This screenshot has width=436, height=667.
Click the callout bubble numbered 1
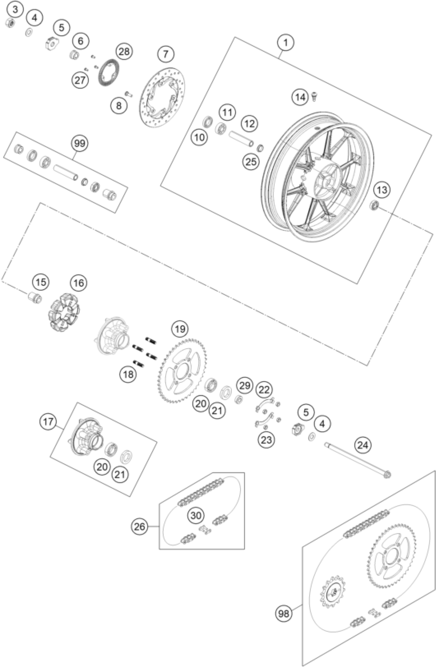pos(285,43)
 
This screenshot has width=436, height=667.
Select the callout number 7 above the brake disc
pos(165,54)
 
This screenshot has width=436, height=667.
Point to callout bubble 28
pos(124,51)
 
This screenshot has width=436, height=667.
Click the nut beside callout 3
pos(10,23)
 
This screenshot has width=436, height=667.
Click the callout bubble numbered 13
pos(382,190)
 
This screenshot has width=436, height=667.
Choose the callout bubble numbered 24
pos(363,445)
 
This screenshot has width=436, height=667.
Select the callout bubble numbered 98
pos(284,614)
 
